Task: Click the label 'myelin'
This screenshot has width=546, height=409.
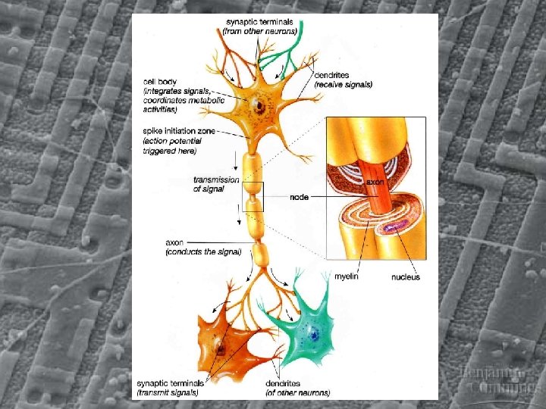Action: pyautogui.click(x=347, y=277)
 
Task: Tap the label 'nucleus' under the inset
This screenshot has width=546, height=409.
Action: pyautogui.click(x=405, y=277)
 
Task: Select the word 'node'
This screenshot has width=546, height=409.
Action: pyautogui.click(x=299, y=198)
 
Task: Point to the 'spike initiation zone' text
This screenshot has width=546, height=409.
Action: pyautogui.click(x=179, y=131)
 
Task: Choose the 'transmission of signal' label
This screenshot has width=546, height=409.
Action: pyautogui.click(x=216, y=184)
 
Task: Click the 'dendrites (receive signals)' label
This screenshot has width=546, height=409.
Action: pyautogui.click(x=343, y=80)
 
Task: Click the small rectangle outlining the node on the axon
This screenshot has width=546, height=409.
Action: pyautogui.click(x=253, y=197)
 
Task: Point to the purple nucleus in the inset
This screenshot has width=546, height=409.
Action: pyautogui.click(x=395, y=226)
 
